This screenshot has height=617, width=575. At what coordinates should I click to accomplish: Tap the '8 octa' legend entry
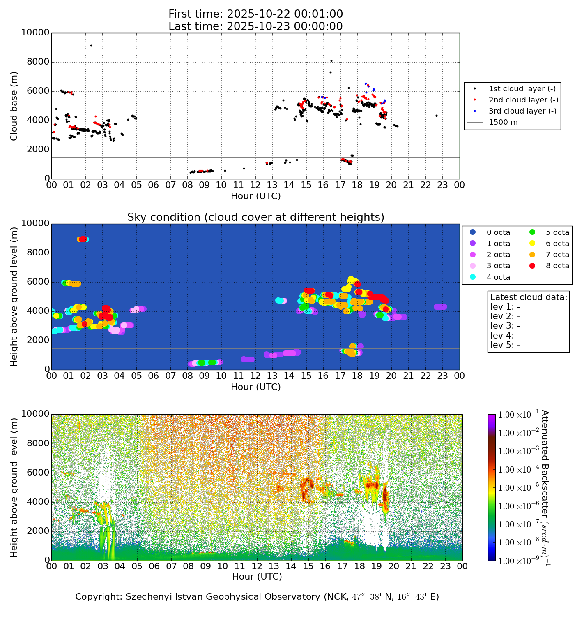tap(557, 266)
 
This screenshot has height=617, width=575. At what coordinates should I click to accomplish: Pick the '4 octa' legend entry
tap(498, 277)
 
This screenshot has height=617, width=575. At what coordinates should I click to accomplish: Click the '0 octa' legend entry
tap(498, 232)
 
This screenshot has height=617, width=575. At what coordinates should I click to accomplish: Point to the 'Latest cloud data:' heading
tap(529, 297)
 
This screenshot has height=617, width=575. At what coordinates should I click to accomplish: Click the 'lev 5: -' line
tap(505, 345)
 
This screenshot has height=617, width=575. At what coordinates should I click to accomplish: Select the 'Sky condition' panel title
tap(255, 217)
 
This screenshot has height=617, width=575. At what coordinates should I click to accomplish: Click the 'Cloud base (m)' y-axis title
tap(14, 106)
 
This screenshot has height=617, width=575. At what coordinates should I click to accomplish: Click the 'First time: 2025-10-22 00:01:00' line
tap(255, 14)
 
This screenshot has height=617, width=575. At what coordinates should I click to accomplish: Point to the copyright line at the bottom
tap(257, 597)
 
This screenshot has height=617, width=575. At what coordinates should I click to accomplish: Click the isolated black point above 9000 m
tap(91, 46)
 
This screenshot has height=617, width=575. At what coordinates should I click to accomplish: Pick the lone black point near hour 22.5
tap(436, 116)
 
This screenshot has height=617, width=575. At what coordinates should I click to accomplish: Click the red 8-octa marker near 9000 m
tap(83, 239)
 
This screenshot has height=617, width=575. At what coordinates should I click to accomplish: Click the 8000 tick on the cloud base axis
tap(39, 62)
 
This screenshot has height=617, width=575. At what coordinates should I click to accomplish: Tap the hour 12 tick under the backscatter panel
tap(257, 566)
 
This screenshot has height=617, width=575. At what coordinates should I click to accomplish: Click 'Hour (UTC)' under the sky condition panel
tap(255, 387)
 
